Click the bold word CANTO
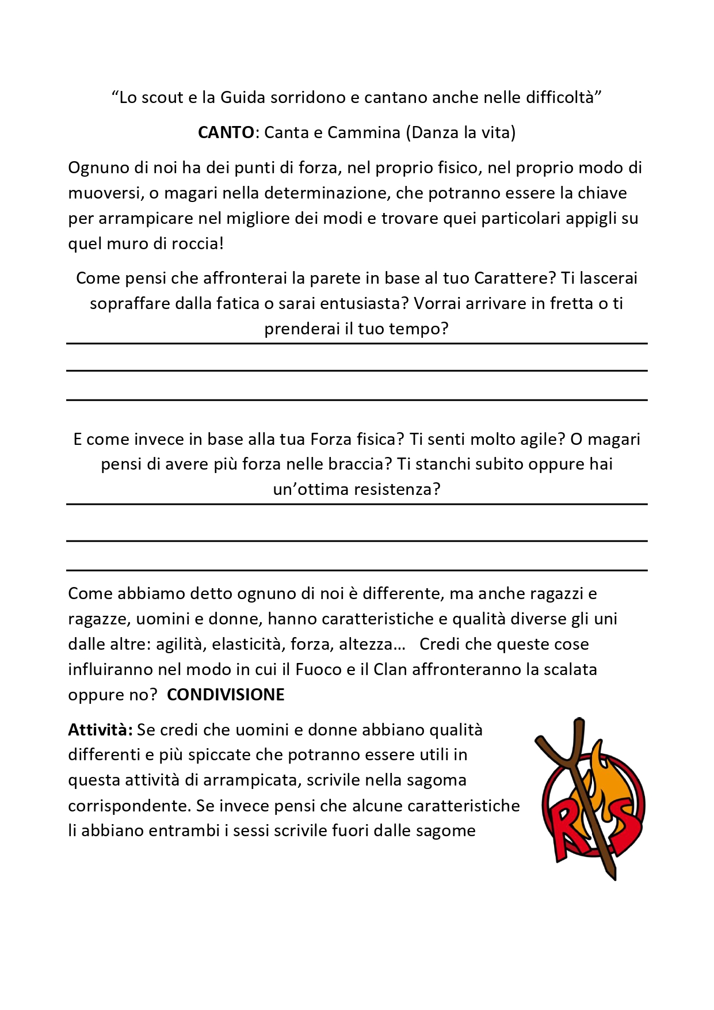(226, 132)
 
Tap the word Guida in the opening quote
(243, 97)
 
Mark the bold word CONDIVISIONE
(226, 695)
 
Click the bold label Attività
(100, 730)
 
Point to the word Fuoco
(318, 669)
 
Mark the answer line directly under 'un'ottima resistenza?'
(357, 505)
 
